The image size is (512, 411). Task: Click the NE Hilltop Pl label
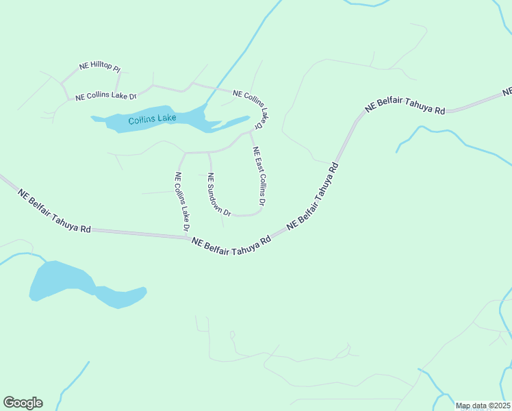100,67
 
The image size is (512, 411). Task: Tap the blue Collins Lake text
152,119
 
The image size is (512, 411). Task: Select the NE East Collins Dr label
259,176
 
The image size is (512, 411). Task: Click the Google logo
23,402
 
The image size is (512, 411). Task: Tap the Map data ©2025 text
483,406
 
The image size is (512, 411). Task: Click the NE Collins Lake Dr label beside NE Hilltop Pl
106,97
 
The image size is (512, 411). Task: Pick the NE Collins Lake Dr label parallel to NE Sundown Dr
181,201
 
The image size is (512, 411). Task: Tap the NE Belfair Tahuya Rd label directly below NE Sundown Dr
231,242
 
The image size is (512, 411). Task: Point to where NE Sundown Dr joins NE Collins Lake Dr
208,152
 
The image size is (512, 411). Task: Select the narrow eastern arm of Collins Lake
233,123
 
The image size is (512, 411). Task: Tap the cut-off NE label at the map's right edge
507,91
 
